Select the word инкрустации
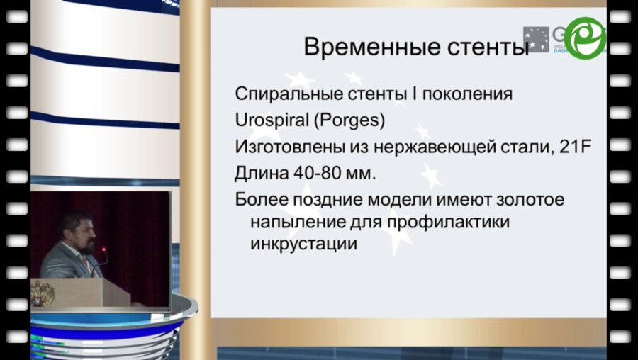point(303,244)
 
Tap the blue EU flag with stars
point(536,39)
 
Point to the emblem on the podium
point(43,293)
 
